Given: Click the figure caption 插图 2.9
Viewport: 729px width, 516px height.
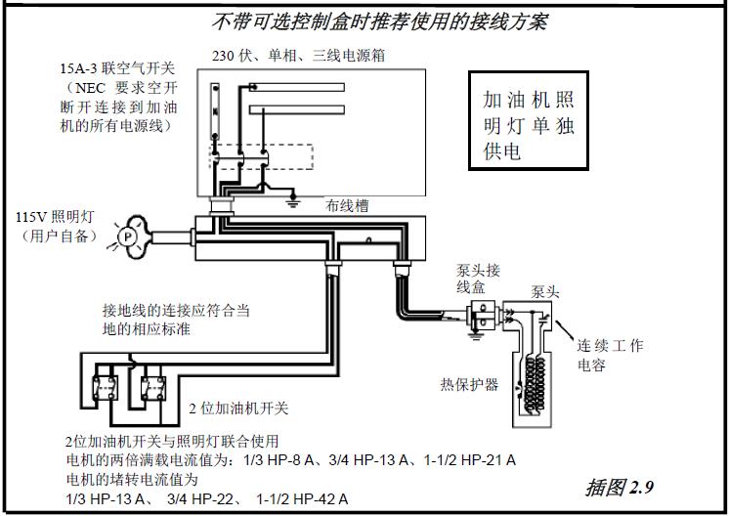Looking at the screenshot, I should click(x=621, y=487).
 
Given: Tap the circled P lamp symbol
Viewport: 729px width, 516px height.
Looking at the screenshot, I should click(x=125, y=236).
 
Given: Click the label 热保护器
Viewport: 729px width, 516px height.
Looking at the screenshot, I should click(x=469, y=384).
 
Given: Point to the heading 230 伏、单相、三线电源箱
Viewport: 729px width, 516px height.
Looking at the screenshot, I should click(x=298, y=56).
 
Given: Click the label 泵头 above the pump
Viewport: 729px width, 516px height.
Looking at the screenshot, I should click(x=545, y=291).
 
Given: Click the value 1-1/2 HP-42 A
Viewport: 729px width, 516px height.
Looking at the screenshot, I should click(x=302, y=499).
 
